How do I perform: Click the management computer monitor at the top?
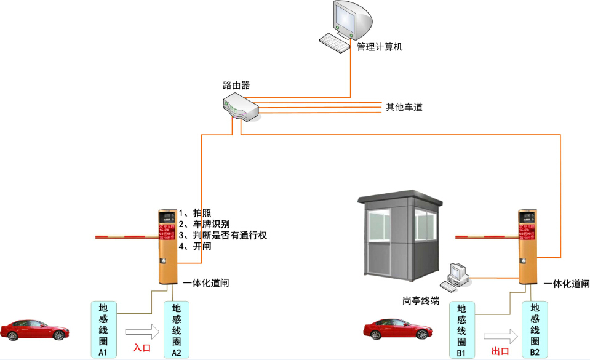point(353,20)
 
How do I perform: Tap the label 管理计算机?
point(380,47)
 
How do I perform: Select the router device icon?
point(239,106)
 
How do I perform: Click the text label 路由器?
point(236,85)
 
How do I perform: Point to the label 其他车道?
point(404,107)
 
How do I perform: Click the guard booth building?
point(401,237)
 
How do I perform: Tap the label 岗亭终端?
point(421,300)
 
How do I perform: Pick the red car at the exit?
point(396,329)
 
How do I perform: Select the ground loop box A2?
point(176,329)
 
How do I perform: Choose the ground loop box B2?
point(535,329)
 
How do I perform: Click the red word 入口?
point(142,348)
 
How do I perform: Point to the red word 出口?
point(500,351)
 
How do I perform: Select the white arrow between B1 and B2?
point(500,336)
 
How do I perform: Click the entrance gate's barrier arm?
point(127,236)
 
